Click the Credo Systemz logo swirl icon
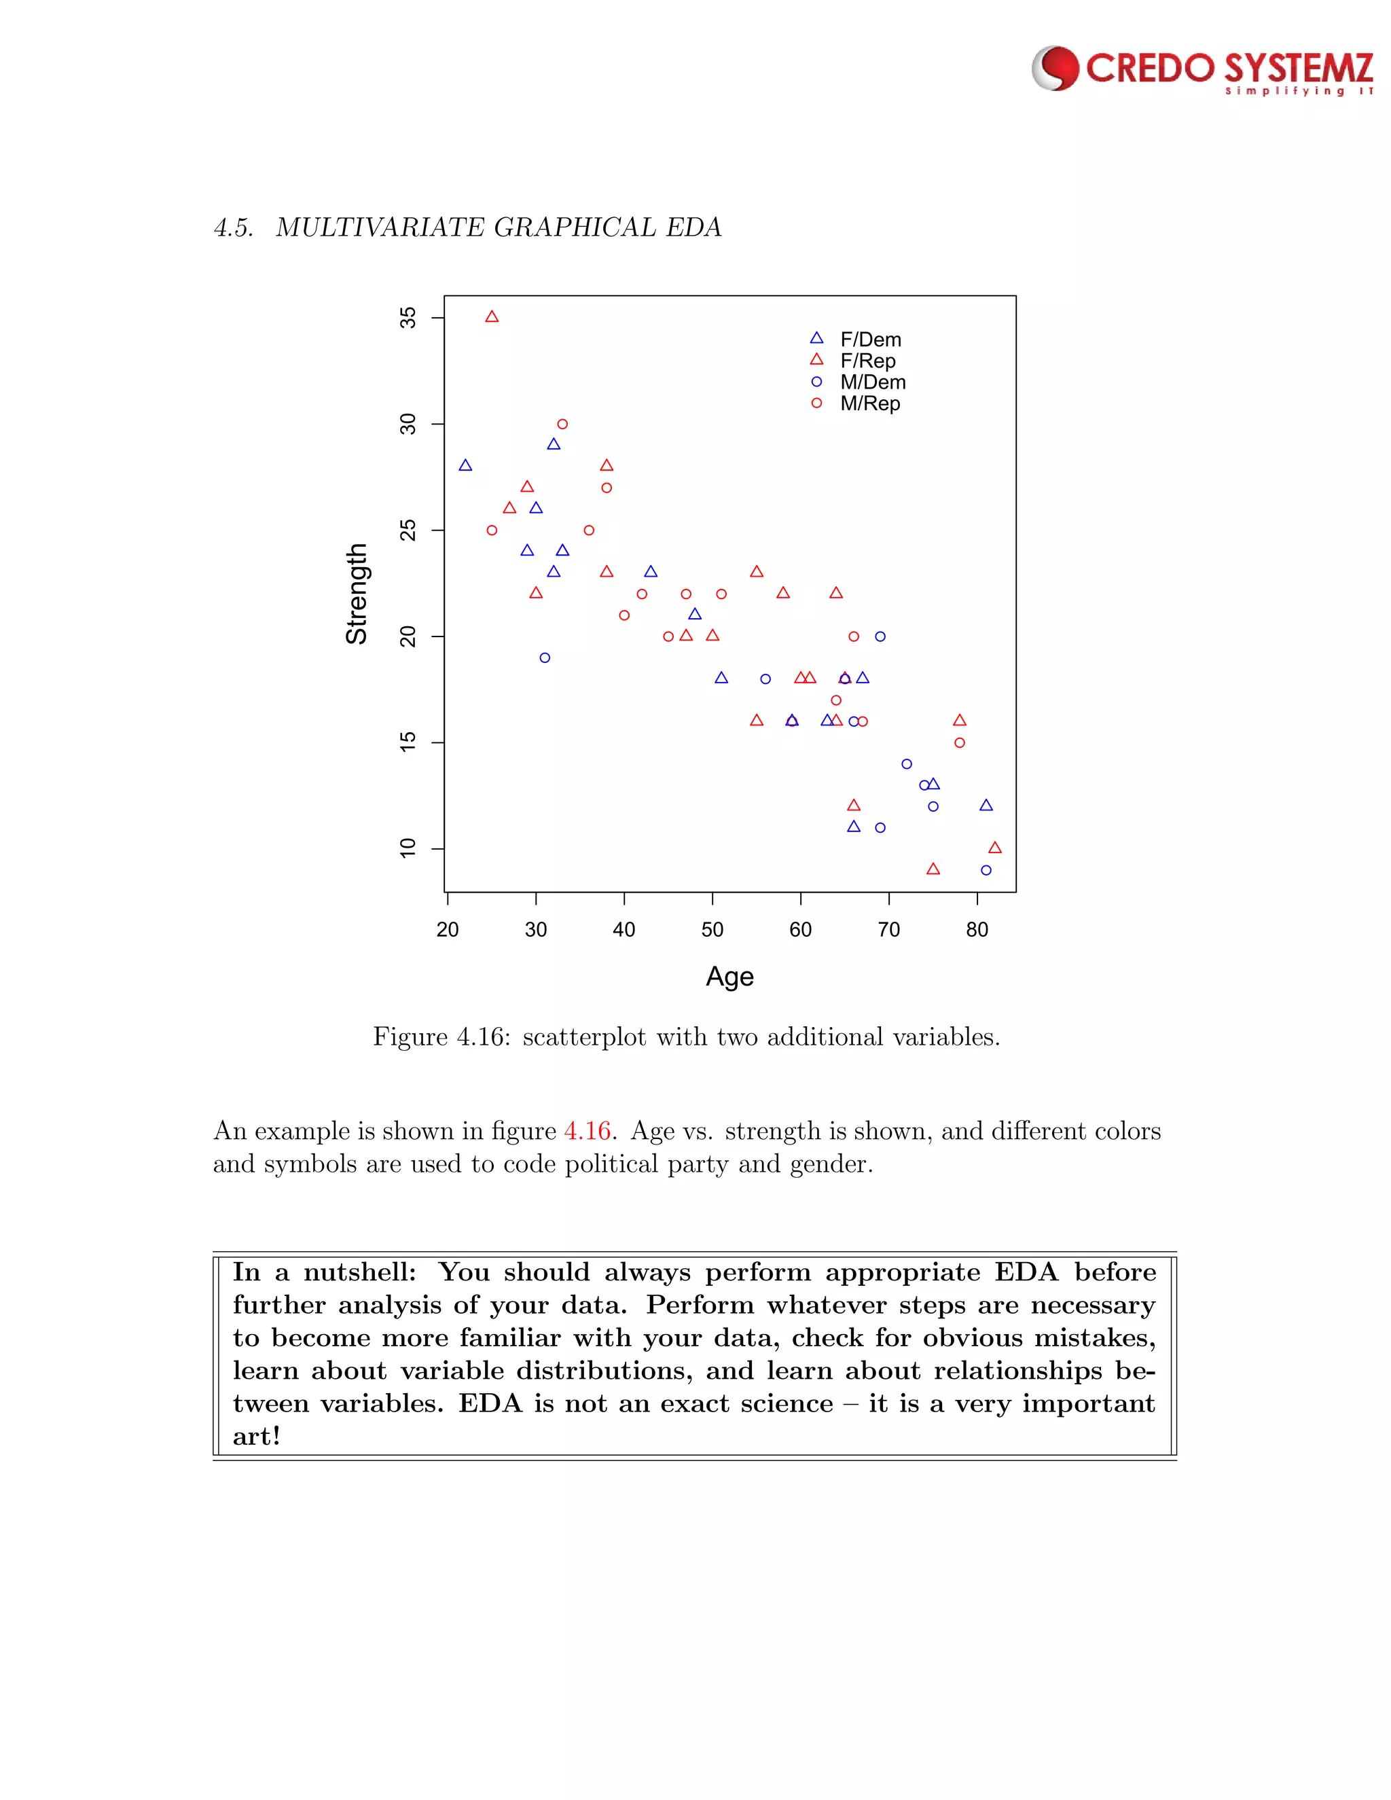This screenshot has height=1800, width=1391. [x=1055, y=69]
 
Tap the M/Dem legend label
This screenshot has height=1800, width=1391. [x=873, y=382]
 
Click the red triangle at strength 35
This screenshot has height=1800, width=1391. [x=492, y=317]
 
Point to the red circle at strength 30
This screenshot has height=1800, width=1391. [x=563, y=425]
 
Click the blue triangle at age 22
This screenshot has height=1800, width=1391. [x=465, y=466]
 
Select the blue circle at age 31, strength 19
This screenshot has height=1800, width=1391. [x=545, y=658]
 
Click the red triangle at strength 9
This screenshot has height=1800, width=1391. [x=933, y=869]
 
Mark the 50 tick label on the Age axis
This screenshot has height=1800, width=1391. [x=712, y=930]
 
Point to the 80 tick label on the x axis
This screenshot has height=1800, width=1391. [x=977, y=930]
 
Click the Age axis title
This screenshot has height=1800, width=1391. [x=729, y=977]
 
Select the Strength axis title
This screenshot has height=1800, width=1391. [x=356, y=594]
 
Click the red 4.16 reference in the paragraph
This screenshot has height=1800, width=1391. [x=587, y=1131]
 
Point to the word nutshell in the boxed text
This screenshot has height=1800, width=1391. [x=359, y=1272]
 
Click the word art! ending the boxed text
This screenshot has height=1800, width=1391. [x=256, y=1437]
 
